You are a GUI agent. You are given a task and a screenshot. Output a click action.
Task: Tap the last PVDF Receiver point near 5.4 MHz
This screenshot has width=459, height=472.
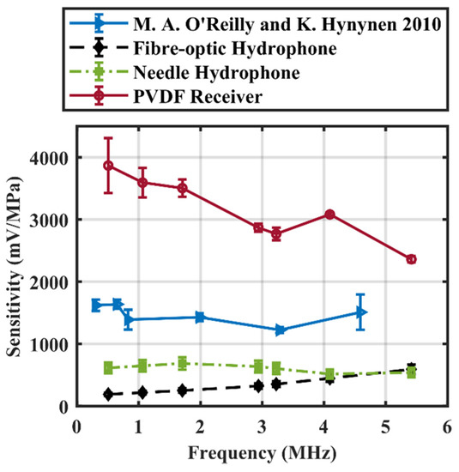[x=411, y=259]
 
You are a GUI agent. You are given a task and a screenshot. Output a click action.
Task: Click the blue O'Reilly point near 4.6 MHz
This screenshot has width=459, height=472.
[x=361, y=312]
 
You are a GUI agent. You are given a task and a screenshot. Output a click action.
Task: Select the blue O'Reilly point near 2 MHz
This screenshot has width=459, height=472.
[x=200, y=317]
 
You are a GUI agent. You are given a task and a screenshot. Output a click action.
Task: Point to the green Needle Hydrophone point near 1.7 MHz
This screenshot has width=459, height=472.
[x=182, y=363]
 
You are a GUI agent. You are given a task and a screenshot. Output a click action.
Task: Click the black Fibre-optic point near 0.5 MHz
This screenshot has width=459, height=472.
[x=108, y=394]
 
